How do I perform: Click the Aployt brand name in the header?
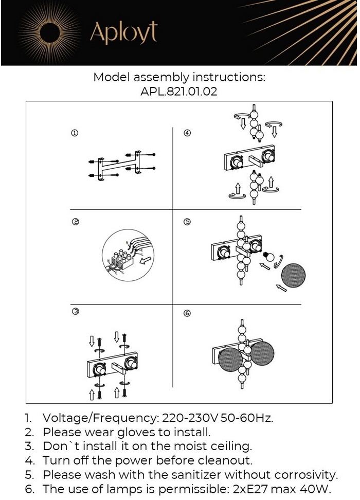(x=123, y=32)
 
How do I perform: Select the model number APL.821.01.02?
(x=179, y=93)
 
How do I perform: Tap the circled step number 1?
(x=75, y=133)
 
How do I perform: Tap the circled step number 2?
(x=75, y=222)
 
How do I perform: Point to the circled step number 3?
(x=75, y=312)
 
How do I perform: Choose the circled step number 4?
(x=187, y=133)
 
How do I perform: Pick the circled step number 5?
(x=187, y=222)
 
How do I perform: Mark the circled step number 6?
(x=187, y=313)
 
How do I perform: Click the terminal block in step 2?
(x=123, y=259)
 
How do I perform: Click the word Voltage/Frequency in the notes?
(x=100, y=417)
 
